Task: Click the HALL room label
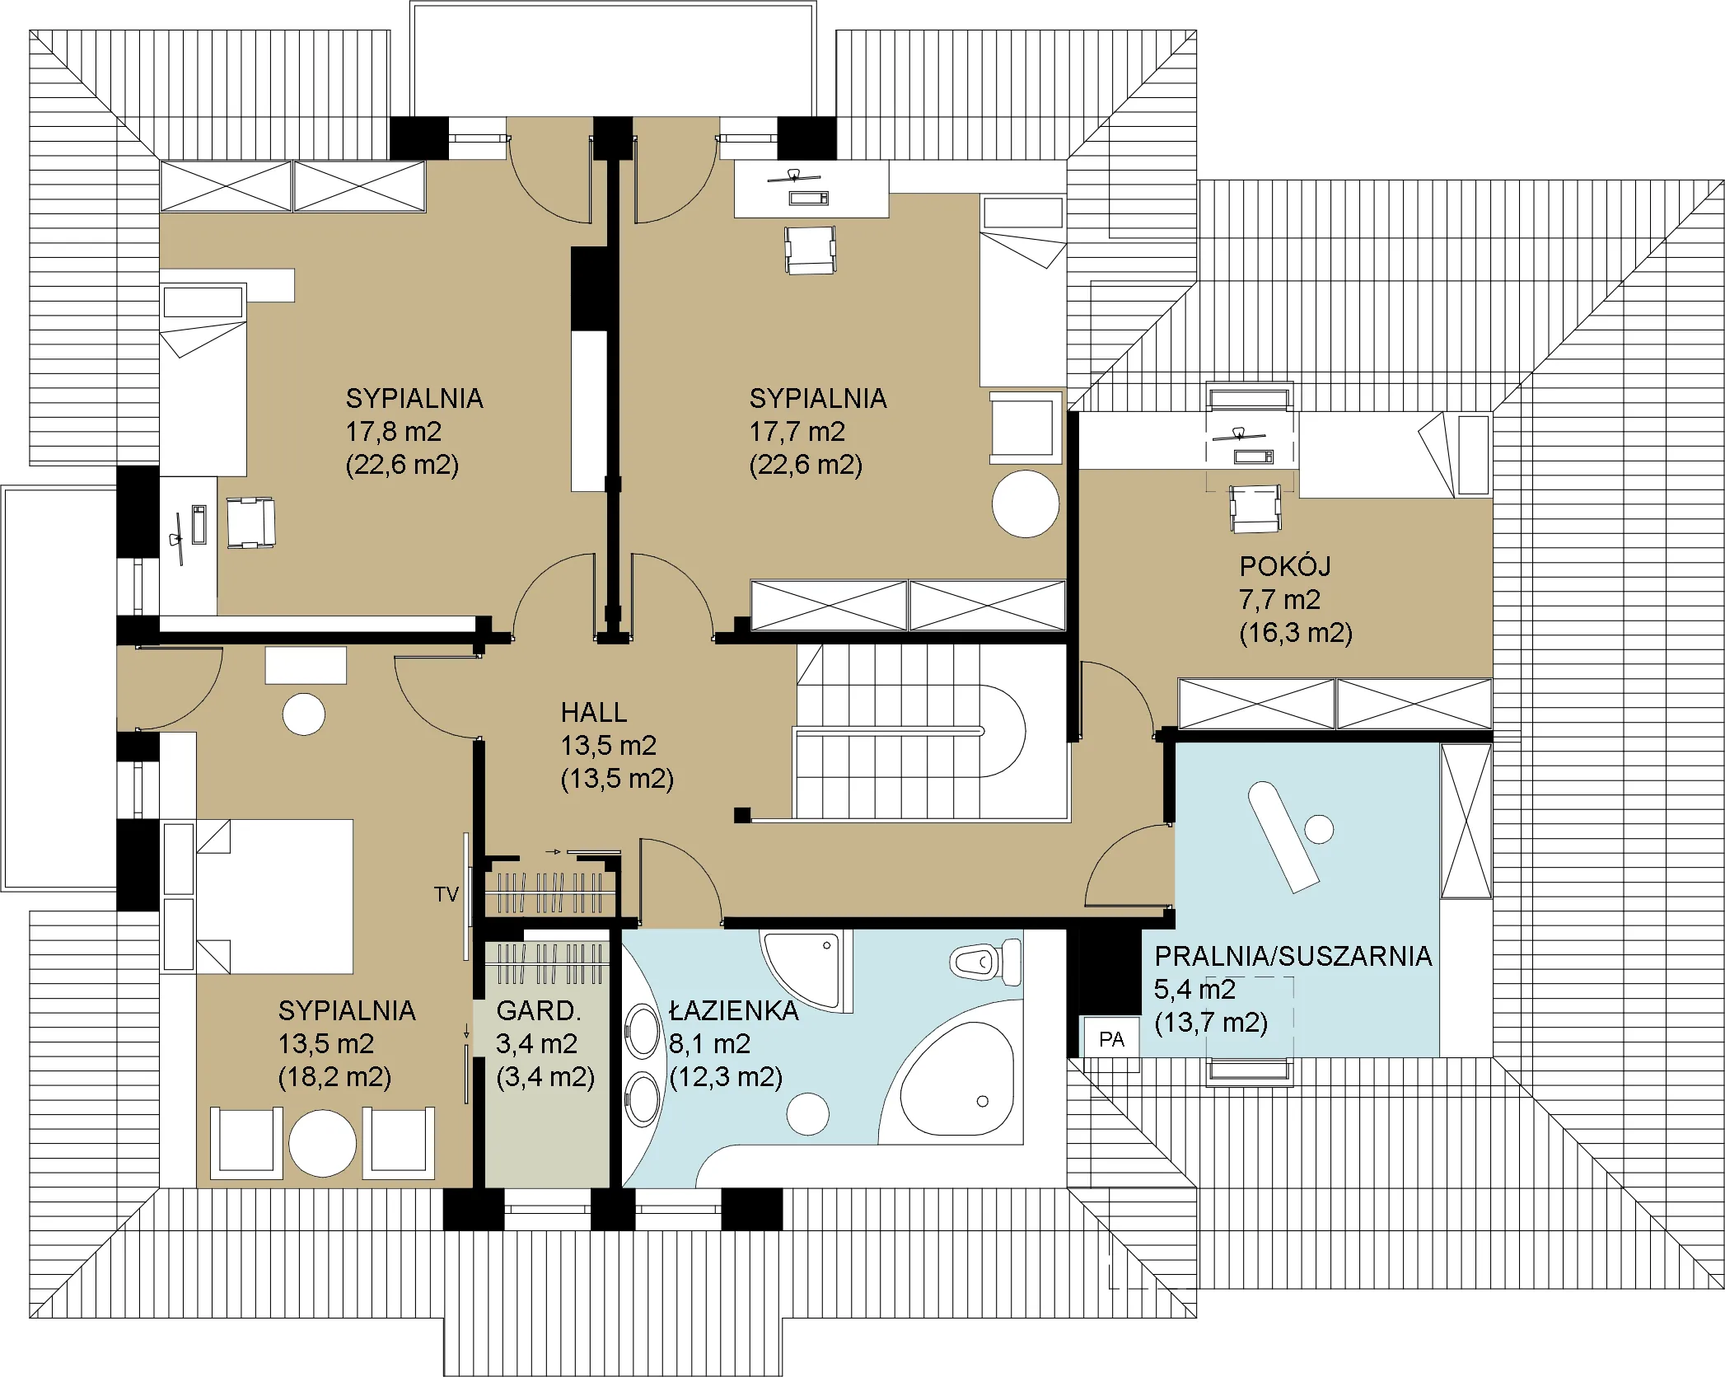click(x=593, y=712)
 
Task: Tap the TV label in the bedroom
click(x=446, y=894)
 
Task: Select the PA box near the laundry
click(x=1111, y=1039)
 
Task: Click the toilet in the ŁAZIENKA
click(x=985, y=961)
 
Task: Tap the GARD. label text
click(x=539, y=1010)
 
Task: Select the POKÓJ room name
click(x=1285, y=566)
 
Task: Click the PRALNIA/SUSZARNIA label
click(x=1293, y=956)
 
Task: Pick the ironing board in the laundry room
click(x=1283, y=836)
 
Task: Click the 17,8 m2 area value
click(x=394, y=431)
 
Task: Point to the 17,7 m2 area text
click(x=797, y=431)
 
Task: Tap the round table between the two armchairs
click(x=322, y=1143)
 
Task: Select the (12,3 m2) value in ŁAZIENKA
click(x=726, y=1077)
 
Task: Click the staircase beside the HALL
click(x=932, y=731)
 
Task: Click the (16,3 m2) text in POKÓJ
click(x=1296, y=633)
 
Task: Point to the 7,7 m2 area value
click(x=1279, y=599)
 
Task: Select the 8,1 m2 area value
click(x=710, y=1044)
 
